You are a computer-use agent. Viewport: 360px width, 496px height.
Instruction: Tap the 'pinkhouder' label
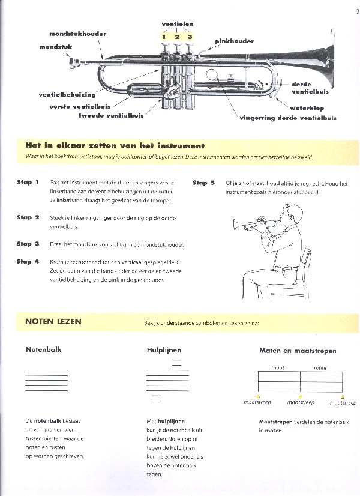[x=234, y=42]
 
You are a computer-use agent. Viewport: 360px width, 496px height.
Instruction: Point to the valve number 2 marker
[x=177, y=37]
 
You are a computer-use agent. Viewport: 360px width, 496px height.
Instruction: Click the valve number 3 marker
[x=190, y=37]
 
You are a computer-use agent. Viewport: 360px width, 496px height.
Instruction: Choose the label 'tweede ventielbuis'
[x=111, y=115]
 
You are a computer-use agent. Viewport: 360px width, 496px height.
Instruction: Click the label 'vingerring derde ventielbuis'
[x=288, y=118]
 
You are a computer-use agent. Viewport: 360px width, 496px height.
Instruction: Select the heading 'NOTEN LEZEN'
[x=53, y=321]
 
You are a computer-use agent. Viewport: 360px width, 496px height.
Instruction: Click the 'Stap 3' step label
[x=28, y=244]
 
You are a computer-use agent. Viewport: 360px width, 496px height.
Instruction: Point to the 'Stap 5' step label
[x=203, y=183]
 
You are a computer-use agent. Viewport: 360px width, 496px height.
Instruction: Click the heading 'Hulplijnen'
[x=164, y=350]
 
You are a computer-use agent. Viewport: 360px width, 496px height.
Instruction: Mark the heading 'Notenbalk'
[x=43, y=349]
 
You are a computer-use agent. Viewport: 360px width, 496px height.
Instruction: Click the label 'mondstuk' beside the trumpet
[x=56, y=46]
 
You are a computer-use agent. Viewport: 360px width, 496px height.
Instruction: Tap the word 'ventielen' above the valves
[x=177, y=24]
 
